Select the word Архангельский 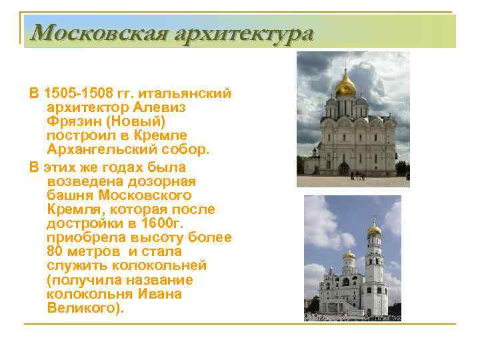(x=103, y=151)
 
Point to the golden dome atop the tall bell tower (x=375, y=228)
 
